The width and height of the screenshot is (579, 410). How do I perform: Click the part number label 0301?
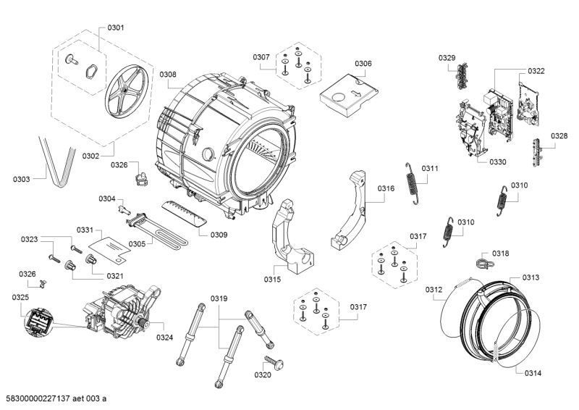[116, 28]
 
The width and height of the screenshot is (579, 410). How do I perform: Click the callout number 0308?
[168, 75]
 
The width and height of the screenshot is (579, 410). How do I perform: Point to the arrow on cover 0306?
[355, 93]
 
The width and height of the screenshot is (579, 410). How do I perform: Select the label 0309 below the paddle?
[219, 235]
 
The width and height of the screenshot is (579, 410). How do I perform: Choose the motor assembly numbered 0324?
[122, 311]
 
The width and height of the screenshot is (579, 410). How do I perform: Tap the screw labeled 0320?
[274, 362]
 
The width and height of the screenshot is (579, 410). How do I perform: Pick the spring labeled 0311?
[412, 183]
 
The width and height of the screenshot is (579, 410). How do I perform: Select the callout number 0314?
[533, 373]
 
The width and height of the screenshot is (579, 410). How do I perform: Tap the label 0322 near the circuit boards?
[536, 71]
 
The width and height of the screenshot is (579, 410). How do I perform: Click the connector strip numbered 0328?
[538, 151]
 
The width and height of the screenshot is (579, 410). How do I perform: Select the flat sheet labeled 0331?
[110, 248]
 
